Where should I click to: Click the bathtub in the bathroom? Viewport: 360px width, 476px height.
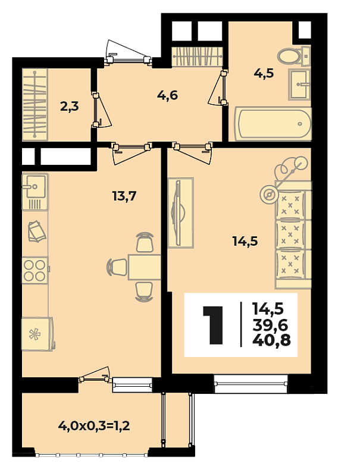pos(273,123)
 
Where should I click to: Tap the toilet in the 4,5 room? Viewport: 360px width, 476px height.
pos(293,56)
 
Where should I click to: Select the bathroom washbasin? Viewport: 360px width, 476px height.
pos(299,84)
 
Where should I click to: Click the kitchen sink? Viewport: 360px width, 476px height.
pos(35,192)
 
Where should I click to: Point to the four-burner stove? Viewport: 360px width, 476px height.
pos(35,270)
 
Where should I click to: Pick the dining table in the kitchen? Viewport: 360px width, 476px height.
pos(145,267)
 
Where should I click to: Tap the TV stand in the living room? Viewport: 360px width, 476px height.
pos(181,212)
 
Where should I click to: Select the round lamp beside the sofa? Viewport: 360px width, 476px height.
pos(268,195)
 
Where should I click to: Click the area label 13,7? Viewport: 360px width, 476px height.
pos(124,196)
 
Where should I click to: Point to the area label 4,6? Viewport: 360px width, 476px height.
pos(167,96)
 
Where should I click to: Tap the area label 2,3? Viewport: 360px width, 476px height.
pos(69,107)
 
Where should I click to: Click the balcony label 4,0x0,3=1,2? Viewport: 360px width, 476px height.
pos(94,425)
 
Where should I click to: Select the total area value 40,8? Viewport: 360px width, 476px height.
pos(271,340)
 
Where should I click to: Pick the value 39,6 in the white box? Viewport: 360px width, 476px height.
pos(270,325)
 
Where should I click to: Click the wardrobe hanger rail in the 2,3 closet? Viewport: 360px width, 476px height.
pos(35,104)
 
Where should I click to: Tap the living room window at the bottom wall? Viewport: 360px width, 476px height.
pos(251,383)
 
